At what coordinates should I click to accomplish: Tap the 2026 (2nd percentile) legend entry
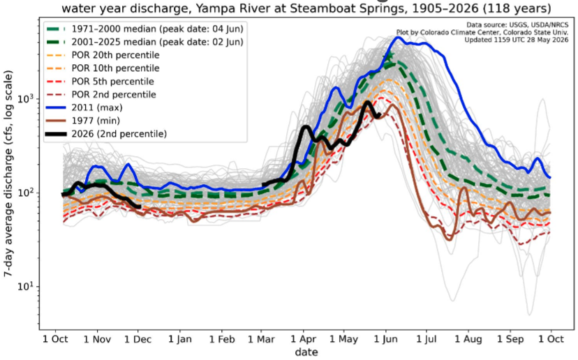pyautogui.click(x=106, y=134)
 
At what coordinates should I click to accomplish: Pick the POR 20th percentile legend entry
pyautogui.click(x=103, y=55)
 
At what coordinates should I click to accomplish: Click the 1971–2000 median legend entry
pyautogui.click(x=144, y=29)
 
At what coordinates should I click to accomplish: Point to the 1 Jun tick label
pyautogui.click(x=386, y=339)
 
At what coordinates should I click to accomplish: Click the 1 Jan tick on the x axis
pyautogui.click(x=180, y=339)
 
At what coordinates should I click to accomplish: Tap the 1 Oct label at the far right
pyautogui.click(x=551, y=339)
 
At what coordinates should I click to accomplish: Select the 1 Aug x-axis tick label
pyautogui.click(x=468, y=339)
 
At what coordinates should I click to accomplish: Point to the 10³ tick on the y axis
pyautogui.click(x=27, y=99)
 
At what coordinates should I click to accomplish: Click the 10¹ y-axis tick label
pyautogui.click(x=27, y=286)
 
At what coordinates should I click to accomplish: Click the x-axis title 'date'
pyautogui.click(x=306, y=352)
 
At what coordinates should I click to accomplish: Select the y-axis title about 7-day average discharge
pyautogui.click(x=8, y=174)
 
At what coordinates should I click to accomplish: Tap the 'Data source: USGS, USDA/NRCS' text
pyautogui.click(x=517, y=25)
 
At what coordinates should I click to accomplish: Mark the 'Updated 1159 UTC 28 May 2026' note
pyautogui.click(x=516, y=40)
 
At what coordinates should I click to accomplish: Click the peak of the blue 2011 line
pyautogui.click(x=398, y=37)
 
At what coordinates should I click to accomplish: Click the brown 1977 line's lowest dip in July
pyautogui.click(x=449, y=239)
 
